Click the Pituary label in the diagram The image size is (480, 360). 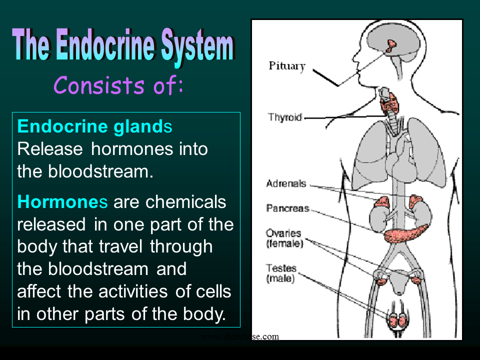[x=287, y=66]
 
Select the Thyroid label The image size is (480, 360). [x=285, y=117]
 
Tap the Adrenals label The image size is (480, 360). [x=286, y=183]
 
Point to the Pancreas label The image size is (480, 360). [x=287, y=208]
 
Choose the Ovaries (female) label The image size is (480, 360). [x=283, y=238]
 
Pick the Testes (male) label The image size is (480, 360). [x=281, y=273]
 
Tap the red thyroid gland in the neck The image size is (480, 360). [x=388, y=104]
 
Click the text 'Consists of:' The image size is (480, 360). [x=118, y=85]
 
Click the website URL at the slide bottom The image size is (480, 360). [x=239, y=336]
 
